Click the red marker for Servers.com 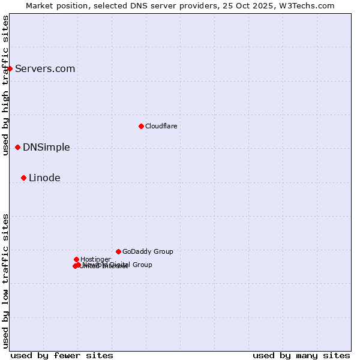click(10, 68)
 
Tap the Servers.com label click(45, 68)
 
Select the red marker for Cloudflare click(141, 126)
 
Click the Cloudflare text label click(161, 126)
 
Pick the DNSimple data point click(17, 147)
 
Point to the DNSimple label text click(46, 147)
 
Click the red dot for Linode click(23, 178)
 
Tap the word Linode click(44, 178)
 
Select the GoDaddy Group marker click(118, 251)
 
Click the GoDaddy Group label click(148, 251)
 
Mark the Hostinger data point click(76, 259)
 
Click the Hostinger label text click(95, 259)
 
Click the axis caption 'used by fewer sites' click(62, 355)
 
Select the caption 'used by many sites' click(301, 355)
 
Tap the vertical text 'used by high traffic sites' click(5, 85)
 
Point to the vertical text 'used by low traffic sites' click(5, 281)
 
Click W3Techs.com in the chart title click(313, 5)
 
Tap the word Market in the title click(40, 5)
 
